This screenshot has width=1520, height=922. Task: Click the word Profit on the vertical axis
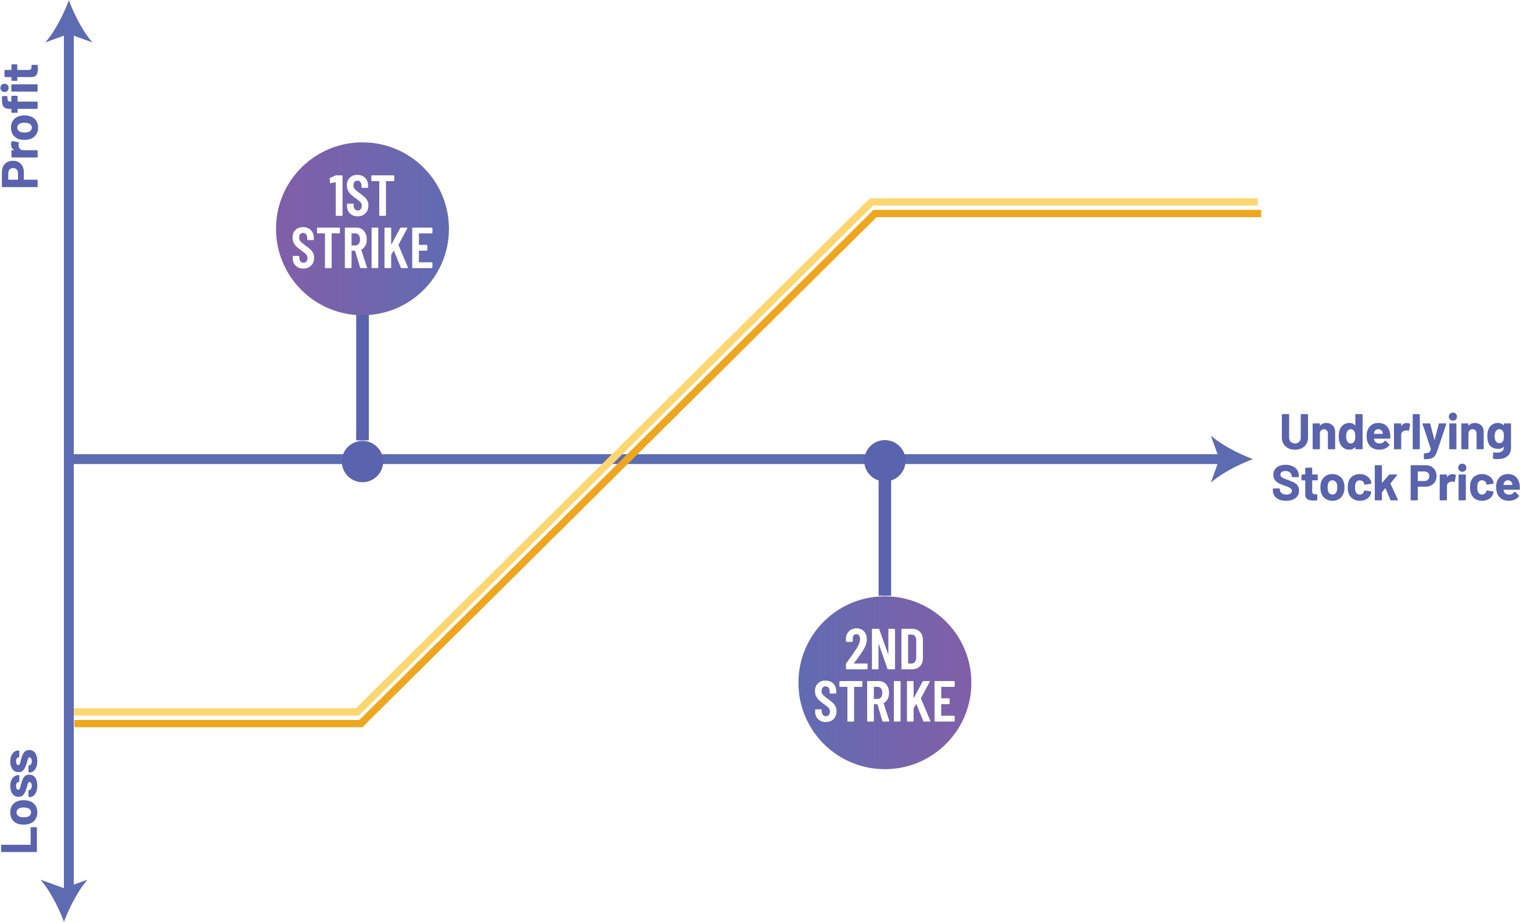tap(21, 127)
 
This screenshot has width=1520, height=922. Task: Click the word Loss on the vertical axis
tap(21, 801)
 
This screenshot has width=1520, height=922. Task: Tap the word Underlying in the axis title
tap(1395, 434)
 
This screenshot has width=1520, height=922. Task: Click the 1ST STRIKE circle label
tap(362, 229)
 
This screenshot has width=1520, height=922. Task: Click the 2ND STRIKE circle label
tap(885, 683)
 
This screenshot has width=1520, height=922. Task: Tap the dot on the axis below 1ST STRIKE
tap(362, 462)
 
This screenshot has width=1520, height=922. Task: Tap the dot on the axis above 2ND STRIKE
tap(885, 460)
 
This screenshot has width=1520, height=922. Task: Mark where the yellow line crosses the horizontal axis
tap(617, 459)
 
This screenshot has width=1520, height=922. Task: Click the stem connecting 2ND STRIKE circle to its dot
tap(885, 538)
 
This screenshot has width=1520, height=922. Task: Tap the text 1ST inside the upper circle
tap(361, 196)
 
